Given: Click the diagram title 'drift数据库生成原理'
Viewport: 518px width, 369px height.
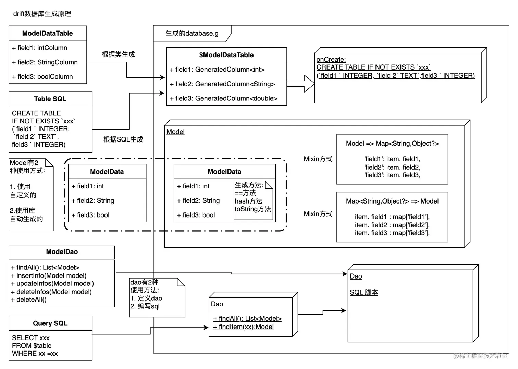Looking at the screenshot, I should point(42,14).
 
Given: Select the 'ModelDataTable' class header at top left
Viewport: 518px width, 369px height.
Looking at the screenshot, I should point(48,33).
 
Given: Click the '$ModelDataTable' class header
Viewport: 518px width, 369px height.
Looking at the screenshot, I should point(226,55).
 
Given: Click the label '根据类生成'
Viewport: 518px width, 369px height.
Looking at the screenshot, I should point(118,54).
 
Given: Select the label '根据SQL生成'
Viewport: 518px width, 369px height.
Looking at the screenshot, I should point(123,139).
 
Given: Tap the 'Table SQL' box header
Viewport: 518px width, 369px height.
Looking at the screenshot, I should point(50,99).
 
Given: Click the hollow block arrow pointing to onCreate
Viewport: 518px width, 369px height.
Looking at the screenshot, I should point(301,84).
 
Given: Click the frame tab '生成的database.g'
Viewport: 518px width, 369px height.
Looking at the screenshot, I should point(192,34).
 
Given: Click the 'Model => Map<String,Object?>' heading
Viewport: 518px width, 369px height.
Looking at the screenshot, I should point(392,144).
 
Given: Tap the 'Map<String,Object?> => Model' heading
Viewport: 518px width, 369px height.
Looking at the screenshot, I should point(392,201).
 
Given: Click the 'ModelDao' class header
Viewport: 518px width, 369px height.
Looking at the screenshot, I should point(62,252).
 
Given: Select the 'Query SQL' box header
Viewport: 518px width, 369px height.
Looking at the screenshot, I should point(50,323).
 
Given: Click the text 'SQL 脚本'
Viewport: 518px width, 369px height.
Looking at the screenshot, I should point(364,292).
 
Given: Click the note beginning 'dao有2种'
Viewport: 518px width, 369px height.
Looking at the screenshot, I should point(157,297).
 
